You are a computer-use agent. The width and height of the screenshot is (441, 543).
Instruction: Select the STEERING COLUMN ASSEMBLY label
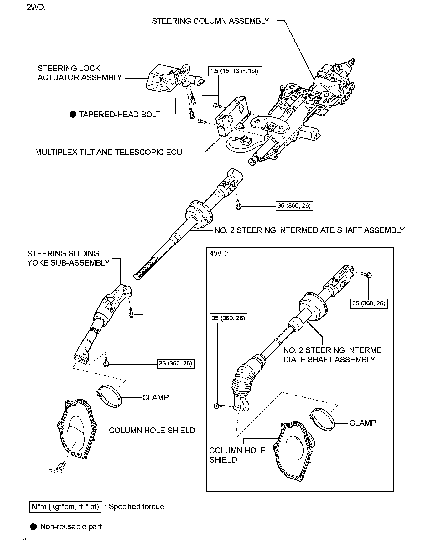pyautogui.click(x=210, y=21)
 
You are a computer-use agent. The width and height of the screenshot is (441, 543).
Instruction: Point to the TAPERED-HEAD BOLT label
pyautogui.click(x=120, y=115)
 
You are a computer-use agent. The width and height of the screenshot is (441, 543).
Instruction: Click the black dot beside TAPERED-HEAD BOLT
pyautogui.click(x=73, y=115)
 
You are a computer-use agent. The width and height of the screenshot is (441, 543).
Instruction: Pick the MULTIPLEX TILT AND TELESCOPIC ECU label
pyautogui.click(x=108, y=152)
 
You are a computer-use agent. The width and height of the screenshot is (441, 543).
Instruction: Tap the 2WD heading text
pyautogui.click(x=36, y=7)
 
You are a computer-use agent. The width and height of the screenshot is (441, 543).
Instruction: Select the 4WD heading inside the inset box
pyautogui.click(x=219, y=253)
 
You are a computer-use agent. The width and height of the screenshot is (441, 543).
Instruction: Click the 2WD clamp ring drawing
pyautogui.click(x=108, y=397)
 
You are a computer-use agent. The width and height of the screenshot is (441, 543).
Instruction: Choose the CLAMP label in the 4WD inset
pyautogui.click(x=362, y=423)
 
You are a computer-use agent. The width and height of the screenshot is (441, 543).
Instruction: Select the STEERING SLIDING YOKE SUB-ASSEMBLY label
pyautogui.click(x=68, y=258)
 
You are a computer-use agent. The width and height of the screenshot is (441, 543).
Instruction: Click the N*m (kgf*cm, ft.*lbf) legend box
pyautogui.click(x=65, y=507)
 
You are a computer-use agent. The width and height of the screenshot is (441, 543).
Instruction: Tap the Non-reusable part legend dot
pyautogui.click(x=34, y=527)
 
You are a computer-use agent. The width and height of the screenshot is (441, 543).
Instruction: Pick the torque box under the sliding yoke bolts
pyautogui.click(x=175, y=364)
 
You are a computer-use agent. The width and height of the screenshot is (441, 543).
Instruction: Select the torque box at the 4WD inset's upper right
pyautogui.click(x=369, y=303)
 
